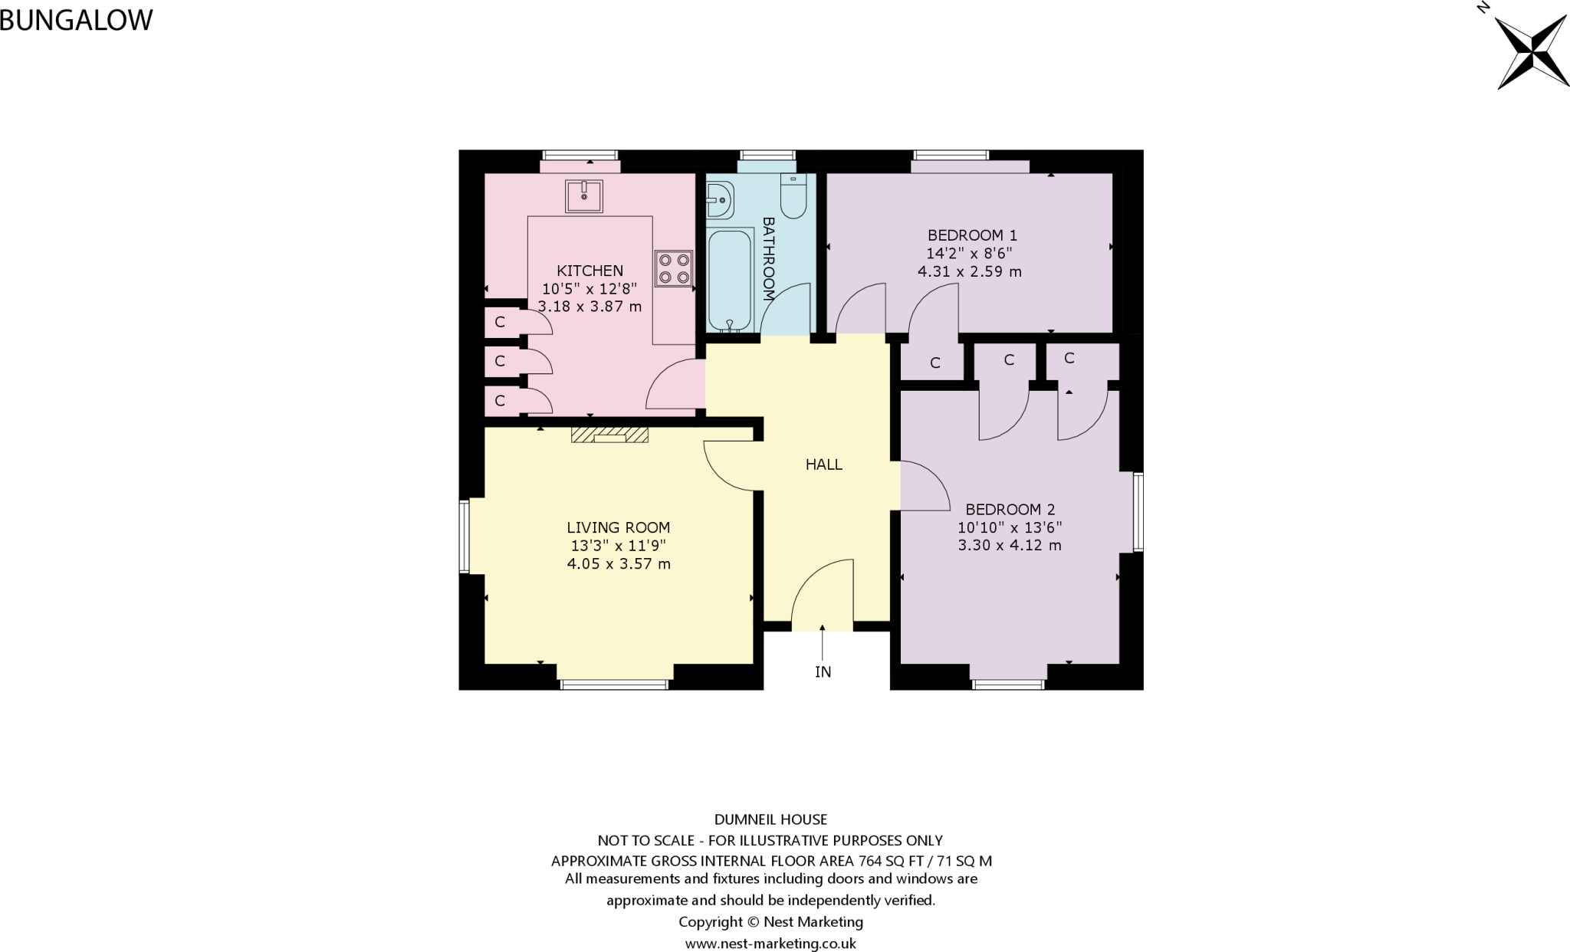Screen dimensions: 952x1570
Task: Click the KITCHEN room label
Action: pyautogui.click(x=590, y=271)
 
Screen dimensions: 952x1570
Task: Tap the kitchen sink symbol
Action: pyautogui.click(x=584, y=195)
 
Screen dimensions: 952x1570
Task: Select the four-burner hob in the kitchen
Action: pyautogui.click(x=673, y=269)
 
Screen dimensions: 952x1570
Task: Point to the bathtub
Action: pyautogui.click(x=730, y=280)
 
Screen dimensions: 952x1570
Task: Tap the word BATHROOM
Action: pyautogui.click(x=768, y=258)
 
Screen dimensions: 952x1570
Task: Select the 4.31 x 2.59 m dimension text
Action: pyautogui.click(x=969, y=271)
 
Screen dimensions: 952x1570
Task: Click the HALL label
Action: pyautogui.click(x=823, y=465)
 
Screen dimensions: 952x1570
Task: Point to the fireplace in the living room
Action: pyautogui.click(x=609, y=435)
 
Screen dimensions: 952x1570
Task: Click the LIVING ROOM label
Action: pyautogui.click(x=618, y=527)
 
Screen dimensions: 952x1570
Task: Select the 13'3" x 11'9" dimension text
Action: pyautogui.click(x=618, y=546)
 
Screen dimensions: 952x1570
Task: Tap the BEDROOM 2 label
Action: pyautogui.click(x=1010, y=510)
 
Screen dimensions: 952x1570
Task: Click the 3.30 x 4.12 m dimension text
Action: pyautogui.click(x=1009, y=546)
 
